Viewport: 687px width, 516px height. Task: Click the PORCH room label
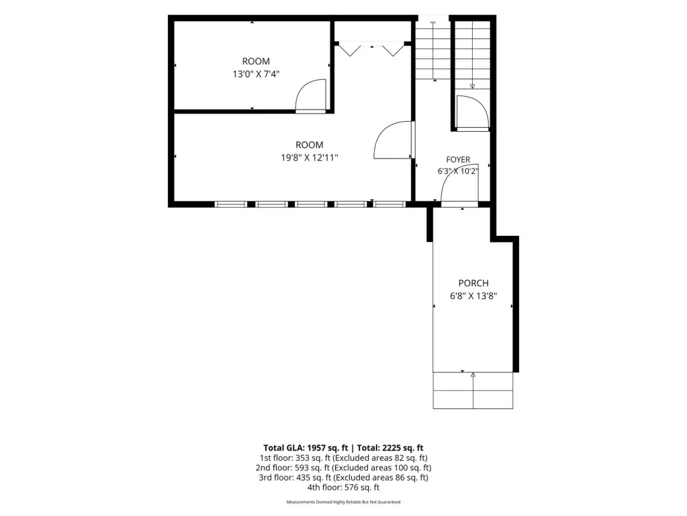[x=473, y=284]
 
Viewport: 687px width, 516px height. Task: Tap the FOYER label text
[x=458, y=160]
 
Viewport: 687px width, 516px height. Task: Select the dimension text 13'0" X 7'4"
[x=256, y=74]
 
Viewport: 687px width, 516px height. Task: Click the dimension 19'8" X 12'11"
[x=310, y=157]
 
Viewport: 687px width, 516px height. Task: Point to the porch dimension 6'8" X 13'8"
[x=473, y=296]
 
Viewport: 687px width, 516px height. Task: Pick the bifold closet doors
[x=371, y=48]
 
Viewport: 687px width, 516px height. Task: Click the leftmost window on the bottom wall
[x=230, y=204]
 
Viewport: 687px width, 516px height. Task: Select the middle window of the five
[x=311, y=204]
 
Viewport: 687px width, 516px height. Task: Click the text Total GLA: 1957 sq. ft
[x=306, y=448]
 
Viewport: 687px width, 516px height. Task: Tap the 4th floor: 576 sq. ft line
[x=344, y=488]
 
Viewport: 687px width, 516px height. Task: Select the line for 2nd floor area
[x=344, y=468]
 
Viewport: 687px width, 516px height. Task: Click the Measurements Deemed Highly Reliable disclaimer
[x=344, y=502]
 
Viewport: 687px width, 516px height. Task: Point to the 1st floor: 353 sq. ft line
[x=344, y=458]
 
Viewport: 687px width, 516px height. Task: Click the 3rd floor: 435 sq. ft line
[x=344, y=478]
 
